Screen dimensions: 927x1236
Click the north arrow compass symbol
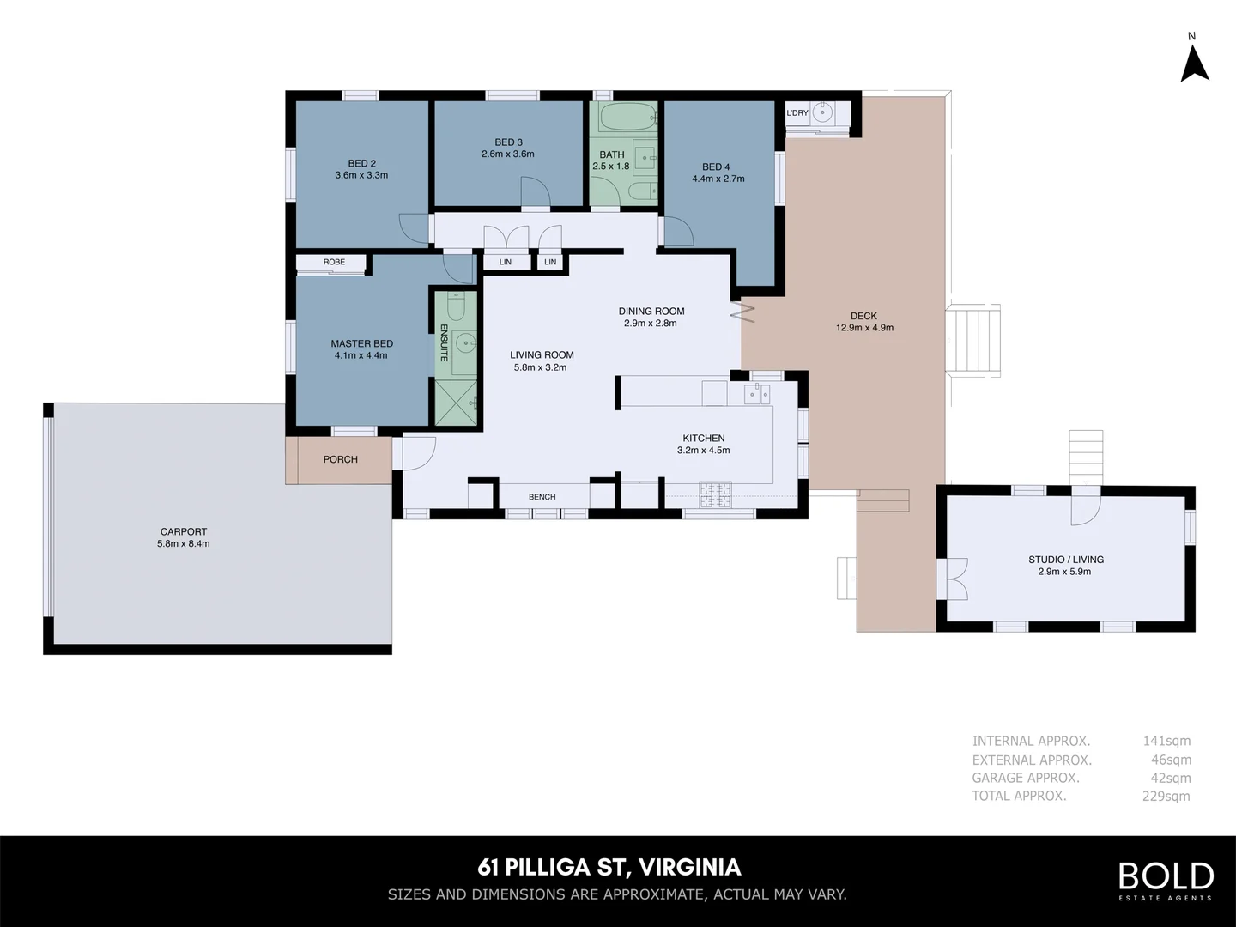click(x=1194, y=63)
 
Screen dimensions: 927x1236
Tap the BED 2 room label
click(x=361, y=163)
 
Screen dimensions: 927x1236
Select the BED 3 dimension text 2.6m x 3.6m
click(x=508, y=154)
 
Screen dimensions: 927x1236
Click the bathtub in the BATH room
click(x=626, y=115)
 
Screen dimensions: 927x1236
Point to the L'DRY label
click(x=797, y=113)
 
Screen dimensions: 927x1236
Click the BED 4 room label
click(x=716, y=167)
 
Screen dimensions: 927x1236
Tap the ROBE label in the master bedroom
click(x=334, y=263)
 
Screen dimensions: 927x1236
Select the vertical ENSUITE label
click(x=445, y=342)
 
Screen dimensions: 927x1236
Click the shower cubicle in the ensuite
click(x=456, y=402)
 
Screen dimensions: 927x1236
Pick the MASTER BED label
click(x=361, y=343)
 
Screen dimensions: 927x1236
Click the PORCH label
click(x=340, y=460)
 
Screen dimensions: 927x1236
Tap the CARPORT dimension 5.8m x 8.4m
click(x=183, y=544)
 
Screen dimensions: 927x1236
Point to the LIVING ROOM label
click(x=542, y=354)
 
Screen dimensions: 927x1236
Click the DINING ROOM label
click(x=651, y=312)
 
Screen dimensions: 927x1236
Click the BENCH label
click(x=542, y=497)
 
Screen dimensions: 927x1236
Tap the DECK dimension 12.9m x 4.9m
click(x=864, y=328)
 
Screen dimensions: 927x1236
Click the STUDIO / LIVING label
click(x=1066, y=560)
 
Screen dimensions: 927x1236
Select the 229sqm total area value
click(x=1166, y=797)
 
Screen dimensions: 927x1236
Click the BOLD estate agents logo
click(x=1165, y=880)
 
